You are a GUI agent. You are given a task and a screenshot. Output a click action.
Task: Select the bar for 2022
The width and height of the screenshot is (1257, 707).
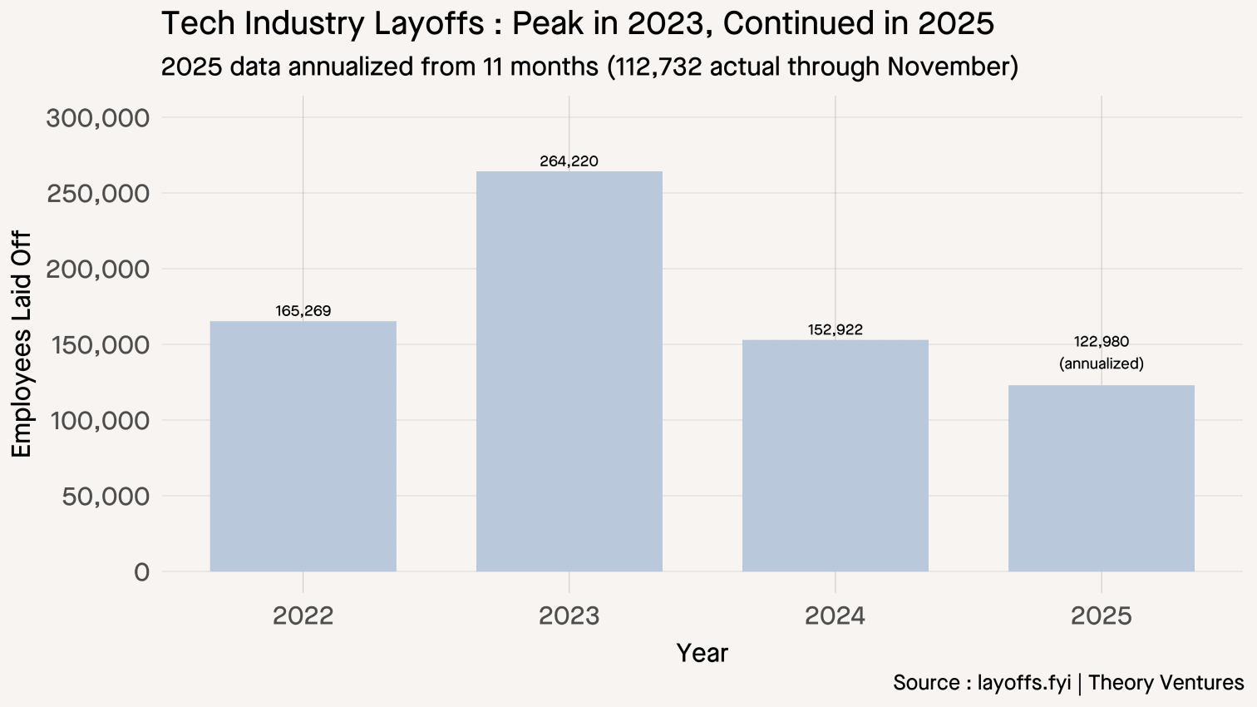[x=303, y=446]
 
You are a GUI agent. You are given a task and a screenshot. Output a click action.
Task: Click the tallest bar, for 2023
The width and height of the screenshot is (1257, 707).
[x=569, y=371]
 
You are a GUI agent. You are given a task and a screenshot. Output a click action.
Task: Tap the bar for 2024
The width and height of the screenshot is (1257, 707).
[x=835, y=455]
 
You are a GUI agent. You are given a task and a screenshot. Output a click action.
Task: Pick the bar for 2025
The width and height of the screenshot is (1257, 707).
[x=1101, y=478]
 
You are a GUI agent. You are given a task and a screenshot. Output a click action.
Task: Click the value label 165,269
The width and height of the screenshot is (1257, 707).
[x=303, y=311]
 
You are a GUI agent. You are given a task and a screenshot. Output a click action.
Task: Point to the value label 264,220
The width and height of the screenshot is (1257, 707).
[x=569, y=161]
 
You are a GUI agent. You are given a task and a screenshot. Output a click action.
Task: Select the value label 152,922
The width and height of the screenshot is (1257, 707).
[x=835, y=330]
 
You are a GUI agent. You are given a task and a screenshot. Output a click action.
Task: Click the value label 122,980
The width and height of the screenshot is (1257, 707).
[x=1101, y=342]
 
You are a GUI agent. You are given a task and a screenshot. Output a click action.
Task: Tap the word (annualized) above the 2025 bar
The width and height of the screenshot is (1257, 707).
[x=1101, y=363]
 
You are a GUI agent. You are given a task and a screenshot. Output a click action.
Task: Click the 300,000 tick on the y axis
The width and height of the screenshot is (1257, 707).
[x=98, y=118]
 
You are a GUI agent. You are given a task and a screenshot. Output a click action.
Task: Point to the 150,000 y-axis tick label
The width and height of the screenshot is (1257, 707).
[x=98, y=345]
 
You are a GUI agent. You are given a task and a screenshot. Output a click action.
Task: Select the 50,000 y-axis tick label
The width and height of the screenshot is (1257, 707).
[x=106, y=497]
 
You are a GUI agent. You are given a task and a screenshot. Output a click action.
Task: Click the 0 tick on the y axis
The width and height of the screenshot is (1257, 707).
[x=141, y=572]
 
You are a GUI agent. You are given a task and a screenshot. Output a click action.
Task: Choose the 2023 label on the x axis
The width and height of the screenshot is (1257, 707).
[x=569, y=616]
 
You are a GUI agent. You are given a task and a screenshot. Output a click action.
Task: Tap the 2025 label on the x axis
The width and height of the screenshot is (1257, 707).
[x=1101, y=616]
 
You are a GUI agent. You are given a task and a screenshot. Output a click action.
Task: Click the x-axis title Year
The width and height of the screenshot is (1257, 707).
[x=702, y=654]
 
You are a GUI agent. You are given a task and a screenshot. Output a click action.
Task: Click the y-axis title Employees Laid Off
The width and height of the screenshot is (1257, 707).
[x=22, y=344]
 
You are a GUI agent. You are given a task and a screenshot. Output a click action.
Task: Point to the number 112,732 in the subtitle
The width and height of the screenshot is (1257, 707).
[x=656, y=67]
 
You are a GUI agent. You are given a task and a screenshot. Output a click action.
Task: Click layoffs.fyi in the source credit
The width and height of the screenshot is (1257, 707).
[x=1024, y=683]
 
